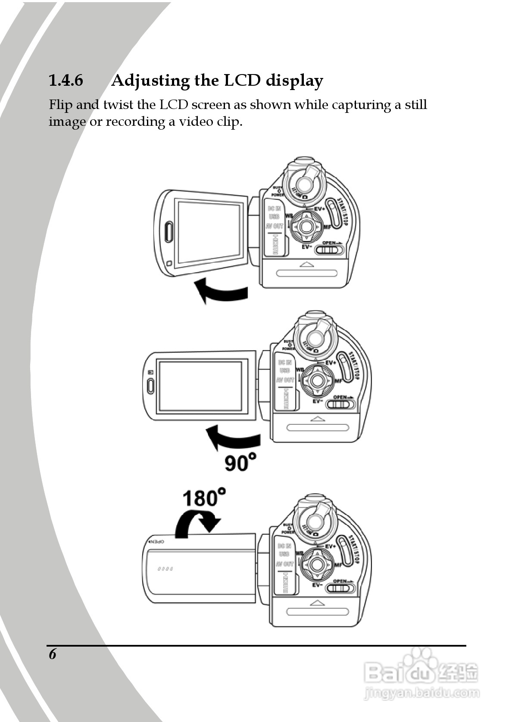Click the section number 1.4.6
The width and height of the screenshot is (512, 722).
pos(66,81)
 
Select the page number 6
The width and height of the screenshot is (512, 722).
pos(53,654)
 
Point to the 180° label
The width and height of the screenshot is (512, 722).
pos(203,498)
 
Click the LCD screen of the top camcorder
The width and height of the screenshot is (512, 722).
pos(209,232)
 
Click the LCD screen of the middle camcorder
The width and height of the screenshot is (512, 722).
pos(200,386)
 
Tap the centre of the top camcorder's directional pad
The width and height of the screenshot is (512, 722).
pos(306,226)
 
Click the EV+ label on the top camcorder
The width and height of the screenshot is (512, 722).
pos(319,209)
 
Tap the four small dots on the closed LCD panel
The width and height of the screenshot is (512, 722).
pos(165,569)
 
